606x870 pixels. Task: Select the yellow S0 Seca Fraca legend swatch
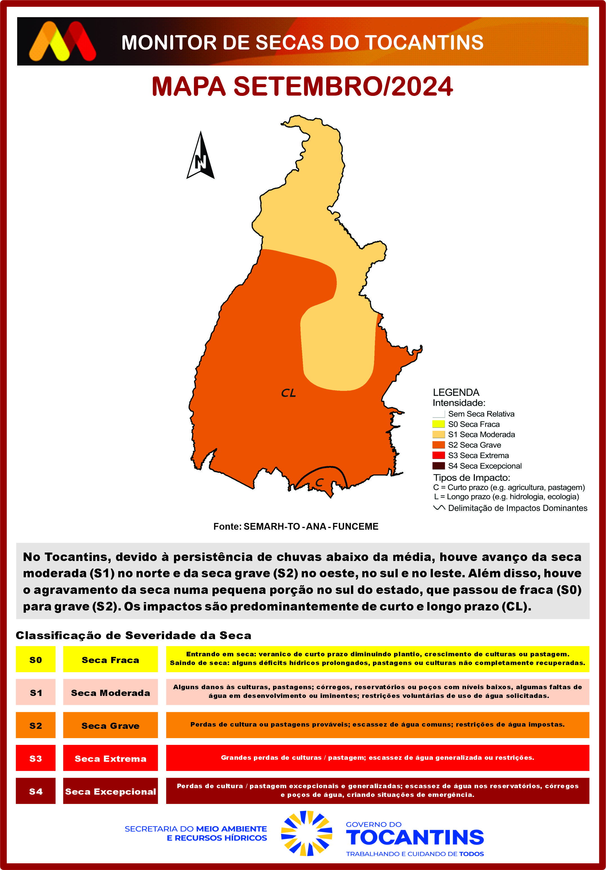pyautogui.click(x=438, y=424)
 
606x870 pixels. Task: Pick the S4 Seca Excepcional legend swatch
pyautogui.click(x=438, y=466)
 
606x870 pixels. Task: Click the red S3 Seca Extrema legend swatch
pyautogui.click(x=438, y=455)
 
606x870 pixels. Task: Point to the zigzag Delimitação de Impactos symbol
pyautogui.click(x=439, y=508)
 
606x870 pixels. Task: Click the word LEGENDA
pyautogui.click(x=456, y=392)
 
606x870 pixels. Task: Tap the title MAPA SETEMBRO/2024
pyautogui.click(x=302, y=86)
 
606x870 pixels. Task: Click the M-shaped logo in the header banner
pyautogui.click(x=62, y=41)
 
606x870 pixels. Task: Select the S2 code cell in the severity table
pyautogui.click(x=36, y=726)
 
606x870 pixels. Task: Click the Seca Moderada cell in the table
pyautogui.click(x=110, y=693)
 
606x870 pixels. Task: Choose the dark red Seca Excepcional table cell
pyautogui.click(x=110, y=792)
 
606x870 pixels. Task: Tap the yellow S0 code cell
pyautogui.click(x=36, y=660)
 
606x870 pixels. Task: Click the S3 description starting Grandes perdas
pyautogui.click(x=377, y=758)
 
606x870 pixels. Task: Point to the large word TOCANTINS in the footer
pyautogui.click(x=415, y=837)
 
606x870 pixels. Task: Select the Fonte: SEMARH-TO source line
pyautogui.click(x=296, y=526)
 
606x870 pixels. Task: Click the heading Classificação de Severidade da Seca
pyautogui.click(x=133, y=635)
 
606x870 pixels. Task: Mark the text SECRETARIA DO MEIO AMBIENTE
pyautogui.click(x=196, y=829)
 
